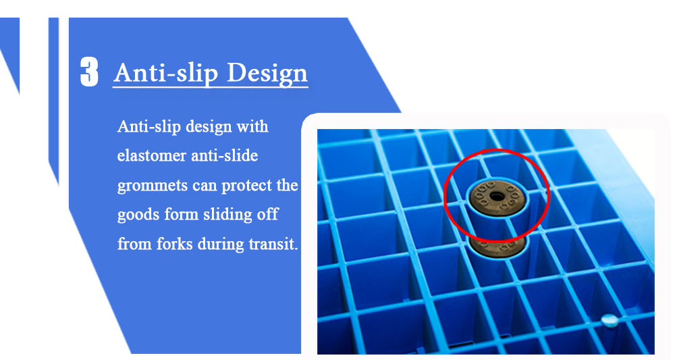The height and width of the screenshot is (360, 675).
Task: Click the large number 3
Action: tap(89, 72)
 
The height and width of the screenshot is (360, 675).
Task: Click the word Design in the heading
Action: tap(267, 73)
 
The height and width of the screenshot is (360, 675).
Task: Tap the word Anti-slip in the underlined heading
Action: tap(166, 73)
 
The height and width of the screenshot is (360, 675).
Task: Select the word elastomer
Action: tap(151, 155)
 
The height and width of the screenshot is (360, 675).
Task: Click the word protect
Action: tap(247, 186)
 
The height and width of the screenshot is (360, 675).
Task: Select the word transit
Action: tap(273, 244)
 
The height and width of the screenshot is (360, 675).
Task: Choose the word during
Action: tap(221, 244)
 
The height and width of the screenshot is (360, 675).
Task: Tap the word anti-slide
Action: tap(224, 155)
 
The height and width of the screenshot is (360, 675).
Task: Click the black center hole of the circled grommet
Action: tap(497, 197)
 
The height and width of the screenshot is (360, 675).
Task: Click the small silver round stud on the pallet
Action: tap(609, 320)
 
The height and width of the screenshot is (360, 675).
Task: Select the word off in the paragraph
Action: tap(268, 215)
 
